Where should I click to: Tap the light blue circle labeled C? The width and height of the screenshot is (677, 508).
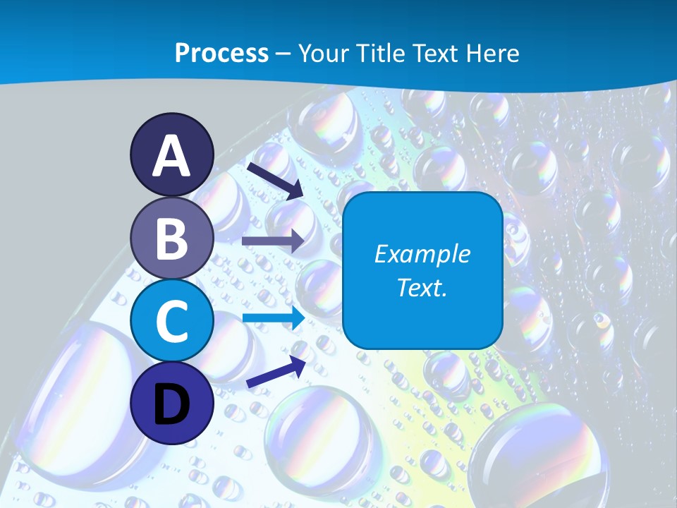tap(172, 321)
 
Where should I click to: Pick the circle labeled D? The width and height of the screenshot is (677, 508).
tap(172, 403)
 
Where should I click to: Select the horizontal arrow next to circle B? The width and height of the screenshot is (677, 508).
tap(273, 241)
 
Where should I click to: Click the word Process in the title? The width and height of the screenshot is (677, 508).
tap(221, 53)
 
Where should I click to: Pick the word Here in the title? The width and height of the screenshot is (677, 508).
tap(492, 53)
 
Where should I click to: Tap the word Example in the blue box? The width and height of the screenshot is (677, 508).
tap(422, 254)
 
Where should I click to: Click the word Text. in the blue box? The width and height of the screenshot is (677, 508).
tap(422, 287)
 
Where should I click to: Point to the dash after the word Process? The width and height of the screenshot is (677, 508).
tap(283, 54)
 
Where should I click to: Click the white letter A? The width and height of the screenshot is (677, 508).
tap(172, 157)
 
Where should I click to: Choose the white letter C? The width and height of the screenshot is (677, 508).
tap(172, 321)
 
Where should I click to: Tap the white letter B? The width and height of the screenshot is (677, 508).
tap(172, 238)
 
